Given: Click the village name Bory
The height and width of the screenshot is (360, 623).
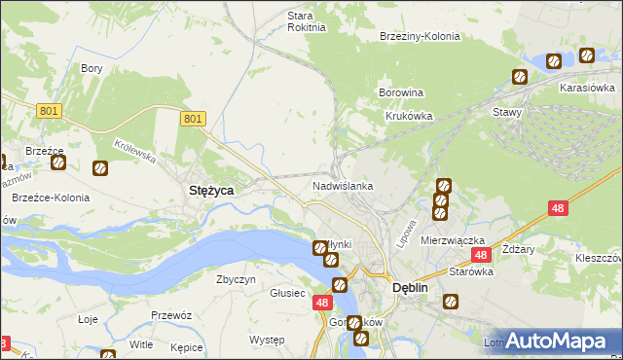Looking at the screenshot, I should click(92, 68).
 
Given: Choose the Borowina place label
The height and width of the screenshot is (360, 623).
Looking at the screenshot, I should click(400, 93).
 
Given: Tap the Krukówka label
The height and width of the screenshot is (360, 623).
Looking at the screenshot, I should click(409, 115).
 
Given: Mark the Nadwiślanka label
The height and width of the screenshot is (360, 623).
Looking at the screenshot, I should click(343, 185).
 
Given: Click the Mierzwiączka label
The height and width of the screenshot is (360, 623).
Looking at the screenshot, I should click(453, 239).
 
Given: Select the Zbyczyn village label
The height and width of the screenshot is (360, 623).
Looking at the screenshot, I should click(236, 279).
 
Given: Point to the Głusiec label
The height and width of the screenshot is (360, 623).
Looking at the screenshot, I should click(288, 293).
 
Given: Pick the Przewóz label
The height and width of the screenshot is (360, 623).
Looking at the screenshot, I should click(170, 315).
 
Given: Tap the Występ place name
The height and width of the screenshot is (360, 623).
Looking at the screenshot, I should click(266, 340).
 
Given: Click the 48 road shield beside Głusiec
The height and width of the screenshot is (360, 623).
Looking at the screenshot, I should click(323, 304).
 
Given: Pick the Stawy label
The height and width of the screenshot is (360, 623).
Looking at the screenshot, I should click(507, 112).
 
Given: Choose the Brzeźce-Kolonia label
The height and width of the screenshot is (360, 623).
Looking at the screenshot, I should click(51, 198).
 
